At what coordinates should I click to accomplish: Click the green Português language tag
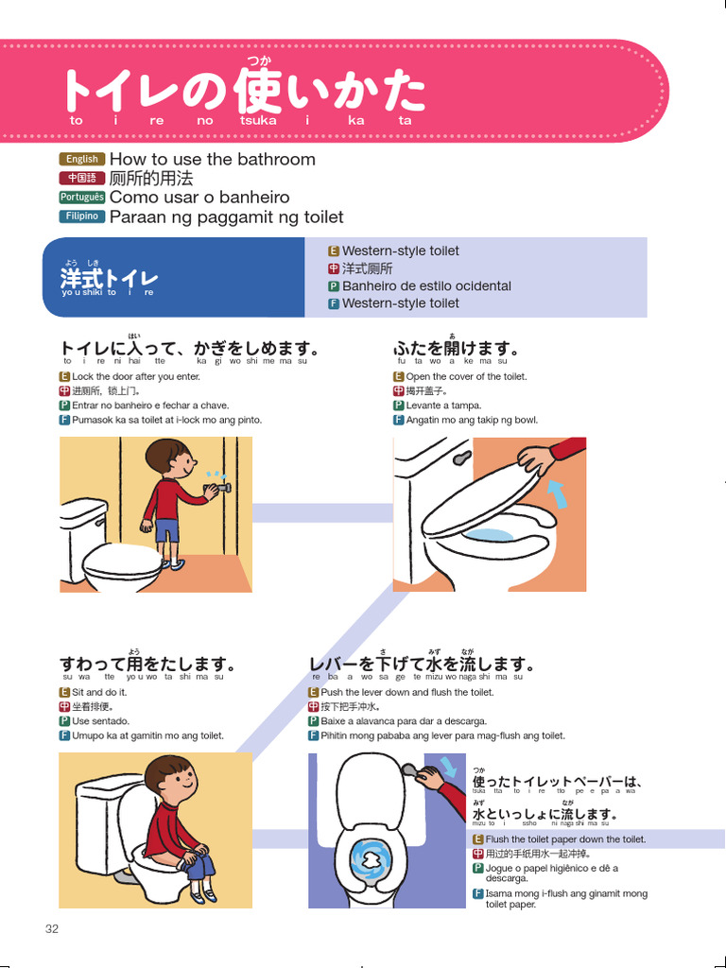click(81, 197)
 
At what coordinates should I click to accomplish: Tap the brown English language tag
click(81, 159)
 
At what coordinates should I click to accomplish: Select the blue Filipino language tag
click(81, 216)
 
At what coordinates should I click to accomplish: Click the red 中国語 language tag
click(81, 178)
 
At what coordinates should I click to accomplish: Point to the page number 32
click(52, 928)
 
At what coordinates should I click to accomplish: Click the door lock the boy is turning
click(224, 489)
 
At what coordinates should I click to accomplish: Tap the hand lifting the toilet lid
click(536, 460)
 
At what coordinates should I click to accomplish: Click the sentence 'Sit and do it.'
click(99, 692)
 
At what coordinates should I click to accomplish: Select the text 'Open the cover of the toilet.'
click(466, 376)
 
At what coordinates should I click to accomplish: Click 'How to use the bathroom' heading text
click(212, 159)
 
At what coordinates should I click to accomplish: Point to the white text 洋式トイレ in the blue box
click(109, 279)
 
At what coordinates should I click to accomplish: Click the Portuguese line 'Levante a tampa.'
click(445, 406)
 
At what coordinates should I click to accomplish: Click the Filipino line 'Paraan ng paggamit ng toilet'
click(226, 216)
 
